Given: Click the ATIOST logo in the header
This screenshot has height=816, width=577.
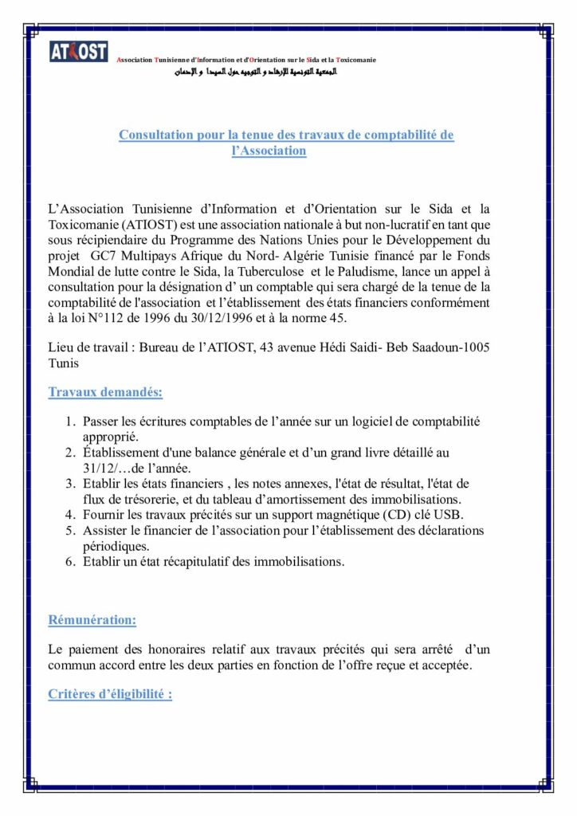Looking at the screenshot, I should tap(78, 51).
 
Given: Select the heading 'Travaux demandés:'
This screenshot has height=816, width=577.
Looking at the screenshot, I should tap(105, 392).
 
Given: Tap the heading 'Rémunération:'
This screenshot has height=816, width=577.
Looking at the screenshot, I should tap(92, 620).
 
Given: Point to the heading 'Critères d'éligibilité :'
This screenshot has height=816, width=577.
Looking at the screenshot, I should tap(110, 694).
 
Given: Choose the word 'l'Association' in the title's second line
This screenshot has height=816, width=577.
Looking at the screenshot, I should tap(269, 150).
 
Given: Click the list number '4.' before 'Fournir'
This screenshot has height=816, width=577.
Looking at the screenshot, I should tap(71, 515).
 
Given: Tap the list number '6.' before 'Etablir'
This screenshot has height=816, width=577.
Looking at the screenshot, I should tap(71, 562).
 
